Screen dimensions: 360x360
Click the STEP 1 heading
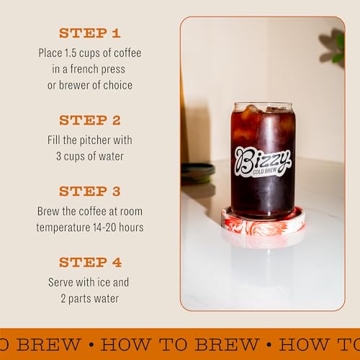(x=89, y=33)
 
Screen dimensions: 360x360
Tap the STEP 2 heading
(x=89, y=120)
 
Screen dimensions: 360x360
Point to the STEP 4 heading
(x=89, y=262)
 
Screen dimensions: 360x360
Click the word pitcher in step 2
(x=91, y=140)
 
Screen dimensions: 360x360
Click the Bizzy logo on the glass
(x=262, y=157)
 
